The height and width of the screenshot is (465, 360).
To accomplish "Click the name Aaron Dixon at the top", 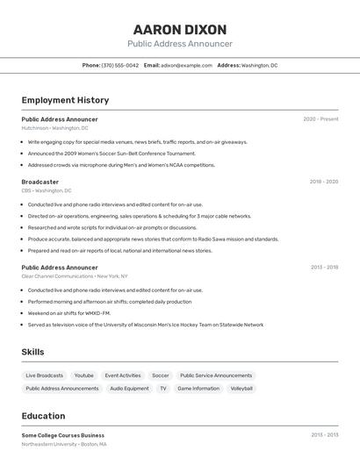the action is pyautogui.click(x=180, y=29).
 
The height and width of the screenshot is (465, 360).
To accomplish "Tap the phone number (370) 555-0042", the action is pyautogui.click(x=120, y=66).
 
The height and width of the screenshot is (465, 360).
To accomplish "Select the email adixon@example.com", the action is pyautogui.click(x=187, y=66).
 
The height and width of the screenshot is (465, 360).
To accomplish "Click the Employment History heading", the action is pyautogui.click(x=65, y=101).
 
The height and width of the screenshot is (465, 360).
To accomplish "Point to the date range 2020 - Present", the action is pyautogui.click(x=320, y=119).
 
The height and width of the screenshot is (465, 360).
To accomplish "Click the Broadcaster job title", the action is pyautogui.click(x=40, y=182).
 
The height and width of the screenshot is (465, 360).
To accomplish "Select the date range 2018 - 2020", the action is pyautogui.click(x=323, y=182).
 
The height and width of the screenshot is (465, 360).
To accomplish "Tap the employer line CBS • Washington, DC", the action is pyautogui.click(x=47, y=190).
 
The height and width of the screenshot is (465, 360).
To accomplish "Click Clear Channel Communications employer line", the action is pyautogui.click(x=75, y=276).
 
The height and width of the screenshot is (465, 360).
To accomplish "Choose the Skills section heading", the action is pyautogui.click(x=33, y=352).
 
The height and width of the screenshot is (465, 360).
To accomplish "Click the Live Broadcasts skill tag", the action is pyautogui.click(x=45, y=376).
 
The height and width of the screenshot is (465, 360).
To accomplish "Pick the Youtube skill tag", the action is pyautogui.click(x=84, y=376).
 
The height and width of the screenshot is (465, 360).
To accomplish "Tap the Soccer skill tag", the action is pyautogui.click(x=161, y=376).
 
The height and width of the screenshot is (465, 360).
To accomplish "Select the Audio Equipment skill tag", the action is pyautogui.click(x=129, y=388).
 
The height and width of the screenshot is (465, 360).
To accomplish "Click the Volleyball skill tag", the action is pyautogui.click(x=241, y=388).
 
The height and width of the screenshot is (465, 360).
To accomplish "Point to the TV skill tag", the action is pyautogui.click(x=163, y=388).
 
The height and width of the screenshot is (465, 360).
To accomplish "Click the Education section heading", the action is pyautogui.click(x=43, y=416).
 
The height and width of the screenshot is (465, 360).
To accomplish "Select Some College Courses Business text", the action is pyautogui.click(x=63, y=435).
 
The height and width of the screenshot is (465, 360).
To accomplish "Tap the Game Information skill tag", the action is pyautogui.click(x=198, y=388).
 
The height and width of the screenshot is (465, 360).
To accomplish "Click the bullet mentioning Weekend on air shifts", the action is pyautogui.click(x=69, y=313).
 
